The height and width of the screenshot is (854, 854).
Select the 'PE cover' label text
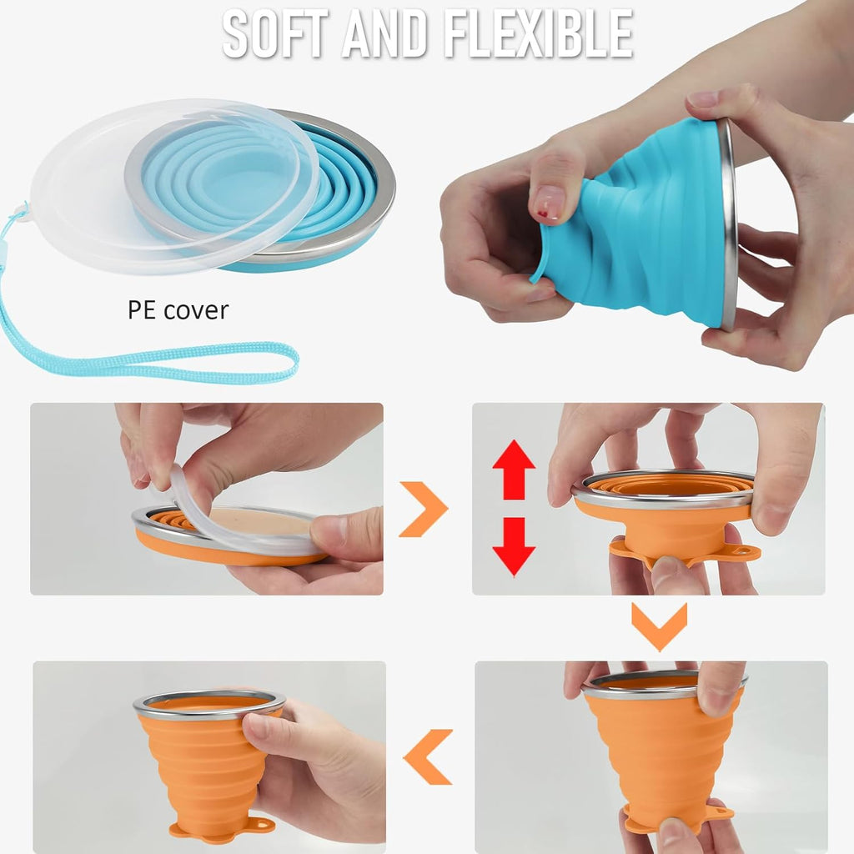click(178, 310)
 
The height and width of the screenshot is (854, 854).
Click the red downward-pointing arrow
click(514, 546)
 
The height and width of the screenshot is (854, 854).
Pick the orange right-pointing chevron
click(424, 509)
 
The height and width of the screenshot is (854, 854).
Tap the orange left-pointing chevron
click(429, 756)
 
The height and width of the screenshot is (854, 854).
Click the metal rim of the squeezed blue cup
click(728, 225)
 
